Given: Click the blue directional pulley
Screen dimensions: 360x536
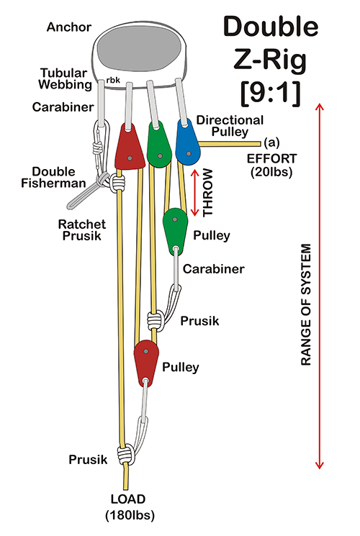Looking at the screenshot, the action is [x=188, y=143].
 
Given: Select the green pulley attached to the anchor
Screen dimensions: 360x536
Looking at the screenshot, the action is [x=159, y=145].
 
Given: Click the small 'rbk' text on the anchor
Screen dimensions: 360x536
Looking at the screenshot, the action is [x=113, y=80].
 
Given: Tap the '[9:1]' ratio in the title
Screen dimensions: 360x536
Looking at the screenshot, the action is [x=270, y=94].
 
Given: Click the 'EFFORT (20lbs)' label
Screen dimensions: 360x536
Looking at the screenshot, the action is [x=271, y=165].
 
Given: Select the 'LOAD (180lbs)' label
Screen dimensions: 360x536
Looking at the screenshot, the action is [x=130, y=507].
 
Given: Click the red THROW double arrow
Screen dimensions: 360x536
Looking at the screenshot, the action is [x=194, y=192].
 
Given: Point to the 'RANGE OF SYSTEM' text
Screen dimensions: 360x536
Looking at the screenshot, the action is [x=306, y=304].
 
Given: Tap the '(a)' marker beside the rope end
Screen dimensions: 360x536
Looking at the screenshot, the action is [x=271, y=142].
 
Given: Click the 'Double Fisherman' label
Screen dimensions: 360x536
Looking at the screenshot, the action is [x=53, y=177].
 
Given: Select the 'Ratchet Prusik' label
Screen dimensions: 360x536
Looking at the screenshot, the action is [x=82, y=230].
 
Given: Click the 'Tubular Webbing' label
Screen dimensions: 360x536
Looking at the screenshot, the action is [x=65, y=78].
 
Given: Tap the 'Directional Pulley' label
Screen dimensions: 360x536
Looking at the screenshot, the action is [x=230, y=126].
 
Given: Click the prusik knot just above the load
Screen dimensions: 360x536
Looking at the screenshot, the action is [x=125, y=454].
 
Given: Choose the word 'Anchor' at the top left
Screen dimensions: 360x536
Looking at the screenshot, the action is [x=69, y=27].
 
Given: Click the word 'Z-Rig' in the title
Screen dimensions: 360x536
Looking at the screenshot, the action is [x=270, y=60].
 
